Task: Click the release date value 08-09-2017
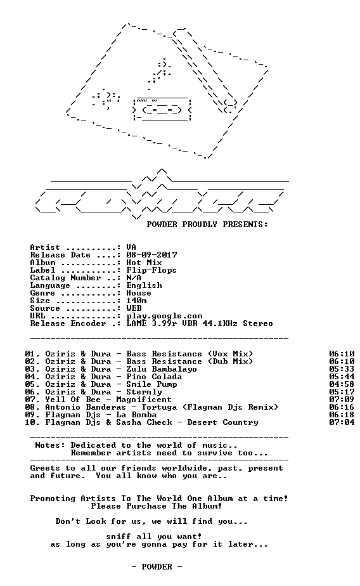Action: click(x=151, y=255)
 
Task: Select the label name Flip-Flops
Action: click(x=151, y=270)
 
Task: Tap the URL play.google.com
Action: click(x=164, y=316)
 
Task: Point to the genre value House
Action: click(x=139, y=293)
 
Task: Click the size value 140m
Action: click(x=136, y=301)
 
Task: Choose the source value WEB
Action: click(x=134, y=308)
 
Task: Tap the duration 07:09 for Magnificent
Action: click(x=342, y=400)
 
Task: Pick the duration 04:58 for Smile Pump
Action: click(x=342, y=384)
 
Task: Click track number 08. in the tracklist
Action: click(x=32, y=407)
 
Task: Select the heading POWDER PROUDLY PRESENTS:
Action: click(x=207, y=225)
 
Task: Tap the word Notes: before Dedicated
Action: click(x=50, y=445)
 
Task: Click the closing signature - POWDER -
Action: click(x=157, y=567)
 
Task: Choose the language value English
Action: click(x=144, y=285)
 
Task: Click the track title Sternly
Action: click(x=144, y=392)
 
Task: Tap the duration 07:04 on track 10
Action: click(x=342, y=422)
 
